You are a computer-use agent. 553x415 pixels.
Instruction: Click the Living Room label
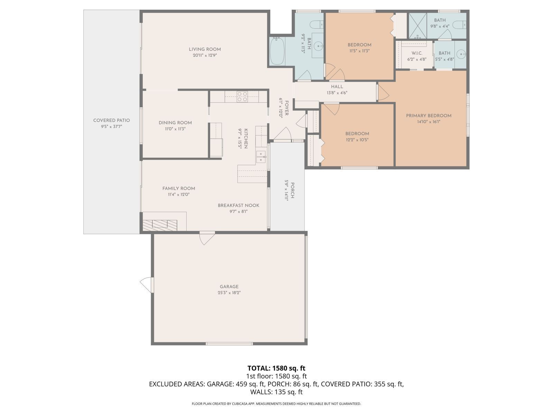205,49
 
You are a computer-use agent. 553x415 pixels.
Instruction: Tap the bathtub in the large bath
277,51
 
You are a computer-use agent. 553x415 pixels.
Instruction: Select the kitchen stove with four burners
242,96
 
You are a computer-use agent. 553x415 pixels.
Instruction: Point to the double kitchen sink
261,157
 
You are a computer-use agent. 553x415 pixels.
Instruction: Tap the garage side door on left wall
147,285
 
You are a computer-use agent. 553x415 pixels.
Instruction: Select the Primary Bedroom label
429,116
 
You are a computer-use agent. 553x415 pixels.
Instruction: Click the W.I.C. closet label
417,53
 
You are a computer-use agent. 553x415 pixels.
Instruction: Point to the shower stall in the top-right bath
418,26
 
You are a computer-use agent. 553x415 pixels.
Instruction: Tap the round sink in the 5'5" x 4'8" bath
461,54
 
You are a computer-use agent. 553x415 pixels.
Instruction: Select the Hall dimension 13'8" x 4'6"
337,93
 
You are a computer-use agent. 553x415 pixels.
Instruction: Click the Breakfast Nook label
238,205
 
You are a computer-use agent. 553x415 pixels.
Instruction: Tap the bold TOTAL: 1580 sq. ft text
276,368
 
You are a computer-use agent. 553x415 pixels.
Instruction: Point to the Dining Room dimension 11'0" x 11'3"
175,129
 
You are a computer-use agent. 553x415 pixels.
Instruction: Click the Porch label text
292,190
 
